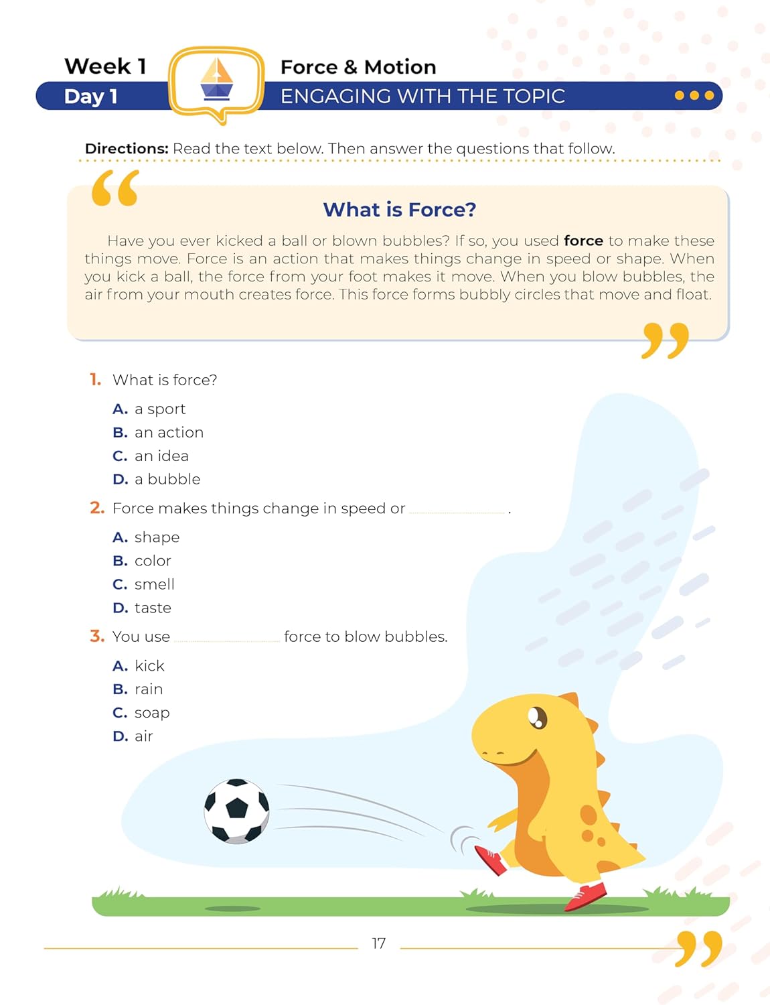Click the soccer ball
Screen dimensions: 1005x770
point(237,811)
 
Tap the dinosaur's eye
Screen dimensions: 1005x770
point(537,718)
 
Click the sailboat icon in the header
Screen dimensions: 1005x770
point(216,80)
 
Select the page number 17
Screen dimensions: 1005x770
point(379,943)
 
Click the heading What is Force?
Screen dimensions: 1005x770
point(400,210)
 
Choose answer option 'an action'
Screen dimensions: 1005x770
point(169,433)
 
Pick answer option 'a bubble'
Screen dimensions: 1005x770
point(167,480)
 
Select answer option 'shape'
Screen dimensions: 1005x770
point(157,537)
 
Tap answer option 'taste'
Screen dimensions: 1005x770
point(153,608)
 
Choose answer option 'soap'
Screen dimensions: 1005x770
point(152,713)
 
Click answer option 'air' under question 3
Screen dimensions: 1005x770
point(144,736)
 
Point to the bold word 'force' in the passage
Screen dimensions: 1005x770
point(583,241)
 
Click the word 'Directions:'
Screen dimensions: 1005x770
point(127,149)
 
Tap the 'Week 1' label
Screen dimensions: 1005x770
point(105,66)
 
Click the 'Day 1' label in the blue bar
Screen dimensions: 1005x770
point(91,96)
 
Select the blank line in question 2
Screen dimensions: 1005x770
point(457,511)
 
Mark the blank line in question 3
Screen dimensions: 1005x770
point(227,639)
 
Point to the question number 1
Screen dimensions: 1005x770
point(96,380)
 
